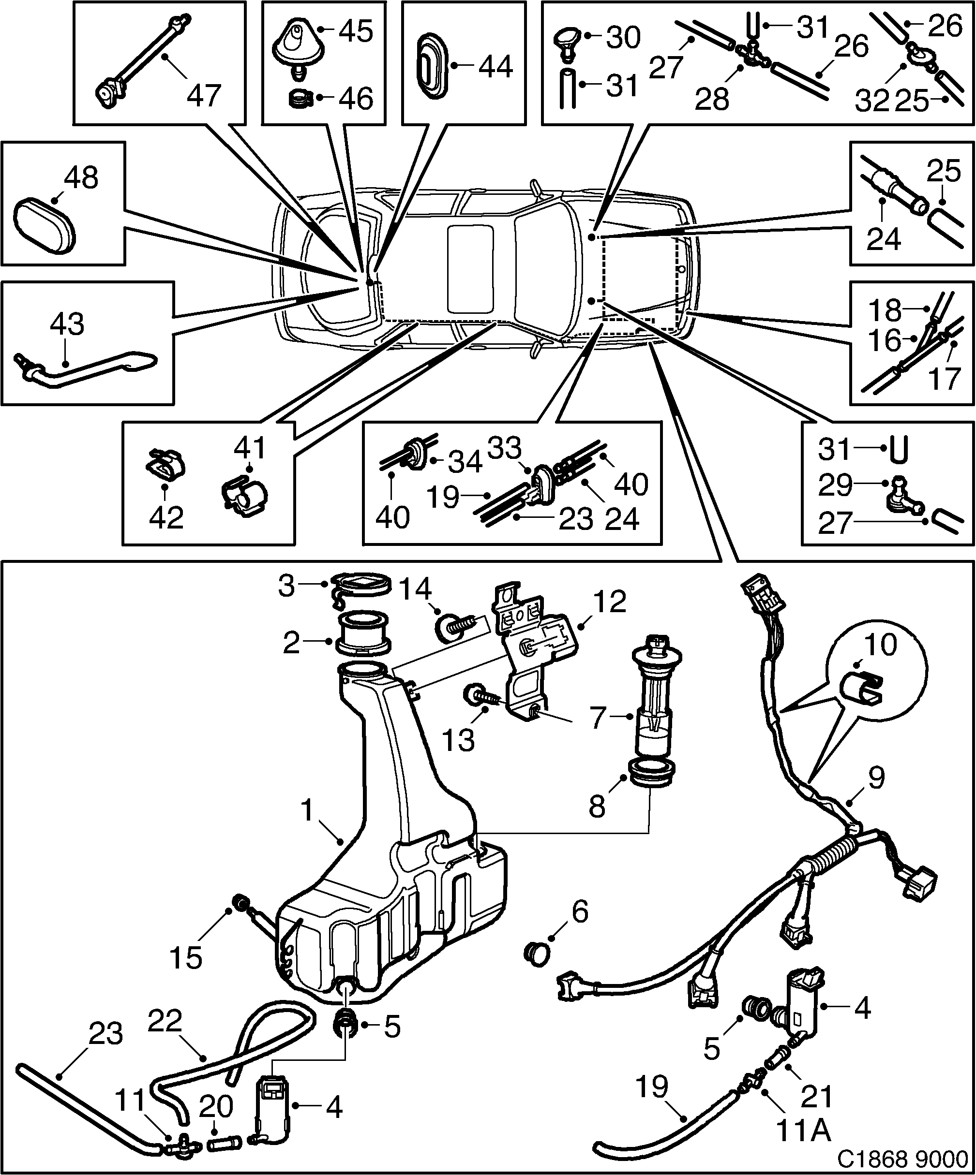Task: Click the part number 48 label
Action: [81, 178]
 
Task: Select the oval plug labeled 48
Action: [44, 225]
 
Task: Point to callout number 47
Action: [204, 95]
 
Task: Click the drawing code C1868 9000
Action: [902, 1157]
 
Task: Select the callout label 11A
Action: [804, 1131]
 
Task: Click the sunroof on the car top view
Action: [470, 270]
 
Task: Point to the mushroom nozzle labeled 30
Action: [570, 44]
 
